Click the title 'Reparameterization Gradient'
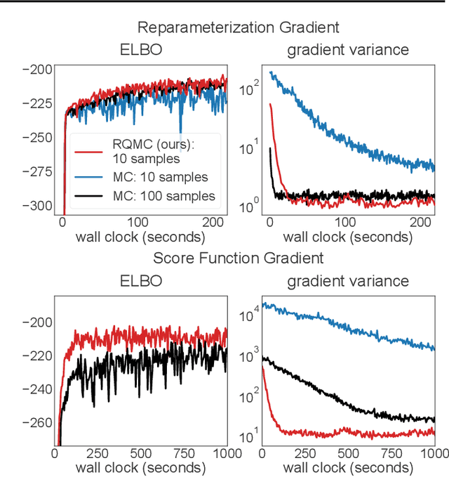pyautogui.click(x=238, y=28)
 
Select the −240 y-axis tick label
pyautogui.click(x=36, y=388)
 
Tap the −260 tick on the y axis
pyautogui.click(x=36, y=422)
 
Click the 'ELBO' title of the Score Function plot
pyautogui.click(x=140, y=281)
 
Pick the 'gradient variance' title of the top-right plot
pyautogui.click(x=347, y=51)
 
